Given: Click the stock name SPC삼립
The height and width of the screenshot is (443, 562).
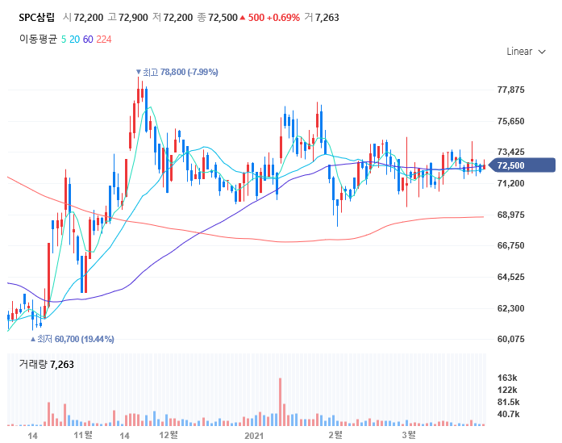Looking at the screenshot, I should [37, 17].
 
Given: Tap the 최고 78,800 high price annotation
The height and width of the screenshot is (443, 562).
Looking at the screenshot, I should [178, 72].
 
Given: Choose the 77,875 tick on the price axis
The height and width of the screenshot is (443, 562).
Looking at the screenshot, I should [511, 90].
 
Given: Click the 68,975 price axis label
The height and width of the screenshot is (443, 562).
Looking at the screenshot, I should [511, 215].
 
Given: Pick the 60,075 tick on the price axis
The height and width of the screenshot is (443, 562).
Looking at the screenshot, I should [511, 339].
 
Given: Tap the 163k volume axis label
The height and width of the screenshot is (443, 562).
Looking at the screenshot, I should [507, 378].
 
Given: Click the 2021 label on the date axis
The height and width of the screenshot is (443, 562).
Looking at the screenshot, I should [254, 436].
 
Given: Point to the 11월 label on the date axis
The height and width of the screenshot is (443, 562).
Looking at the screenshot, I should [83, 436].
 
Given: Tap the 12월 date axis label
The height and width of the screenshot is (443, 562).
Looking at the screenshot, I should [169, 436].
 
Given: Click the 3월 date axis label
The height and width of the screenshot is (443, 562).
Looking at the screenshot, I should [409, 436].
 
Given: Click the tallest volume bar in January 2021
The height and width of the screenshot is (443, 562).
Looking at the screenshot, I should [280, 401].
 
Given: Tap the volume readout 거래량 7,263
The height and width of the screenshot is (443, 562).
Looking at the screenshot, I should [47, 364].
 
